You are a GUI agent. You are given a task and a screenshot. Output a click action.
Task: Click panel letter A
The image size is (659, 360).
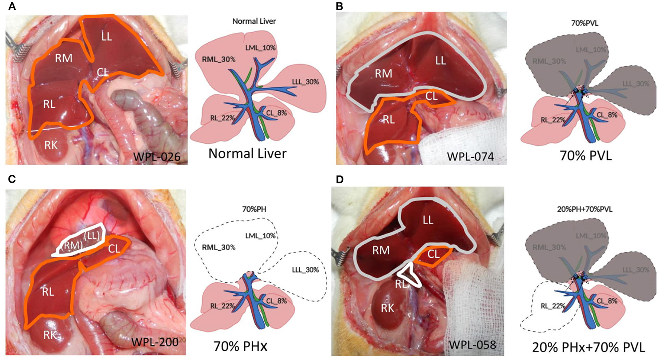(12, 6)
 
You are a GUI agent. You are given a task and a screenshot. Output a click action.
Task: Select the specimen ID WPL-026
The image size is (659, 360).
(157, 157)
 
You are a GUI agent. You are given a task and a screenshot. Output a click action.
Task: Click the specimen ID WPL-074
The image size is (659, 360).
(470, 156)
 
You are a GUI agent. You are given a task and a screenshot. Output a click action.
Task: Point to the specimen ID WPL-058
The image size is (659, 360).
(472, 345)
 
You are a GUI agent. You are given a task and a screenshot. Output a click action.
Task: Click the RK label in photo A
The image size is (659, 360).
(51, 145)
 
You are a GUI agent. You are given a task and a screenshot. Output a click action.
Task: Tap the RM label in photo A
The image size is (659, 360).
(64, 58)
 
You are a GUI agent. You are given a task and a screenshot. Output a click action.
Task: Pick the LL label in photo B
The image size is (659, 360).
(440, 60)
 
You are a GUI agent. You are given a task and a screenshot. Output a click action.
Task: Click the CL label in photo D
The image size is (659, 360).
(433, 254)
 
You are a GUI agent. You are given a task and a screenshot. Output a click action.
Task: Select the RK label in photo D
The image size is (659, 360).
(388, 308)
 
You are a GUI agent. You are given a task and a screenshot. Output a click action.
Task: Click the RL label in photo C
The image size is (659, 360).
(48, 292)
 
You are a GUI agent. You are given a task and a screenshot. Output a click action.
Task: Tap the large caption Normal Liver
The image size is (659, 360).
(247, 153)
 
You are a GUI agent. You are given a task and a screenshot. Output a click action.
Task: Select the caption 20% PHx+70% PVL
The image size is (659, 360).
(588, 347)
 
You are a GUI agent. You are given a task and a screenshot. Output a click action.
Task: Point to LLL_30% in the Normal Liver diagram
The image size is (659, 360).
(305, 82)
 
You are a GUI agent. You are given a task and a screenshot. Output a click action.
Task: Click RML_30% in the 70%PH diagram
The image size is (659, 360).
(219, 247)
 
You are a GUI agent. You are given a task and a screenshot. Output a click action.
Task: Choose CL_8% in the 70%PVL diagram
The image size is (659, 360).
(607, 115)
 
